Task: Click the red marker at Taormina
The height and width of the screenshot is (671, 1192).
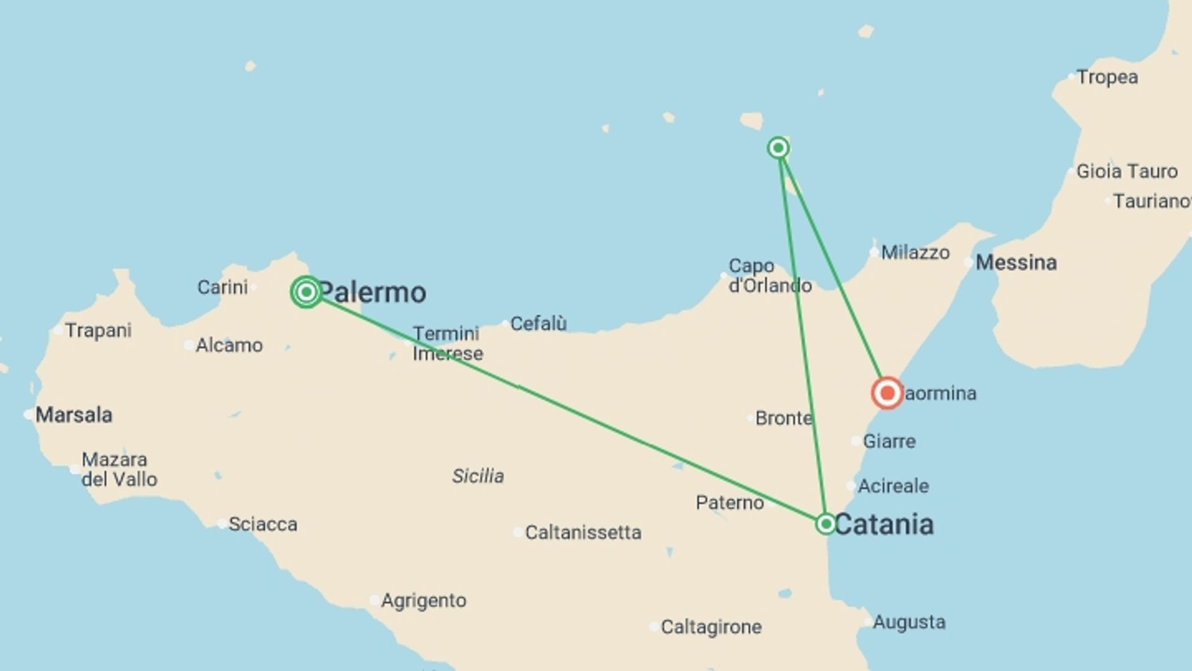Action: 887,393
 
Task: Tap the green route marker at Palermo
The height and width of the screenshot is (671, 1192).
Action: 306,291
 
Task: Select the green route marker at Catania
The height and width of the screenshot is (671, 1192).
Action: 826,524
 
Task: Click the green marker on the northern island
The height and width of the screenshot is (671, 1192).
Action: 779,148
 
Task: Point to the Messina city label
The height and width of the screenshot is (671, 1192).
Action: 1016,262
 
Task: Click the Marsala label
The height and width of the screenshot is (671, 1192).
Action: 73,414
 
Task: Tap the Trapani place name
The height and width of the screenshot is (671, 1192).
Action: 98,330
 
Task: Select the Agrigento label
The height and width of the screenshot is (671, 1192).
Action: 423,601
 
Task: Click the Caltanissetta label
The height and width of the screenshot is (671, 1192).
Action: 583,532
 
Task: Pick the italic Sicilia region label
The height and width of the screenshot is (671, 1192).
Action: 477,476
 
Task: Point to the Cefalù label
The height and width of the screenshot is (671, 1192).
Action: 538,324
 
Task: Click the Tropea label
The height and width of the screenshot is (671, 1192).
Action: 1107,77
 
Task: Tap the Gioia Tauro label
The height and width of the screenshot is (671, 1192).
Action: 1126,171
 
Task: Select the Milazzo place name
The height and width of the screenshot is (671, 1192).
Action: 915,252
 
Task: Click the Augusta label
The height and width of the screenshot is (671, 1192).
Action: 909,622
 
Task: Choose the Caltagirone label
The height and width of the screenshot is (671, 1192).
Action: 711,627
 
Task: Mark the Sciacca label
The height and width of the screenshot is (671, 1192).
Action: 263,524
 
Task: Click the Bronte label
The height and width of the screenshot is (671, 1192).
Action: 783,418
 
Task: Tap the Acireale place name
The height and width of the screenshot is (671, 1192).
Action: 893,486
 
